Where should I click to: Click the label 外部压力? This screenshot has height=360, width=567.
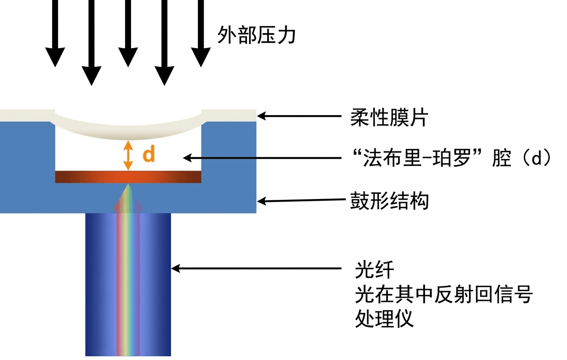256,34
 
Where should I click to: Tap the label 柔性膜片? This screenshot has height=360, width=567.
389,118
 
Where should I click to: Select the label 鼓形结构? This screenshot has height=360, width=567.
389,201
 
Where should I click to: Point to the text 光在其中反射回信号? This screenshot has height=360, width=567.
444,294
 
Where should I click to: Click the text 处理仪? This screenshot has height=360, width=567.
384,318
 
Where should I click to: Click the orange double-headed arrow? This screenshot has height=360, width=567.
128,155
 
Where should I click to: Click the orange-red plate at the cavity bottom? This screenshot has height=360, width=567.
128,176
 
